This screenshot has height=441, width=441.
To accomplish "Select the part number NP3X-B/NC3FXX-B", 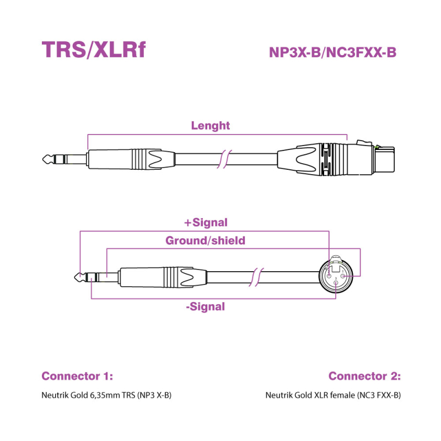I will click(332, 52).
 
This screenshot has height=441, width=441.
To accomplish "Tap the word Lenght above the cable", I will click(210, 126).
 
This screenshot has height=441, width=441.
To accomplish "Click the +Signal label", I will click(205, 223).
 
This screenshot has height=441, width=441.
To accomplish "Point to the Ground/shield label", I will click(205, 240).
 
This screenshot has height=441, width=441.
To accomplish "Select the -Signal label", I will click(205, 306).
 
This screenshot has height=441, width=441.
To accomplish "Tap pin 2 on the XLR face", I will click(330, 275).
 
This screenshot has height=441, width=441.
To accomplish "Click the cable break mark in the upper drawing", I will click(223, 159).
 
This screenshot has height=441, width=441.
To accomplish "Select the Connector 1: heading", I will click(77, 376).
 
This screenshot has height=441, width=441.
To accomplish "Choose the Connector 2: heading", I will click(364, 376).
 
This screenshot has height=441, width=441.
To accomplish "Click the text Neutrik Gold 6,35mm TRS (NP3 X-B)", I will click(103, 395).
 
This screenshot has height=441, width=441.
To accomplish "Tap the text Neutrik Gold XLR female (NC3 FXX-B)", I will click(332, 395).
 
